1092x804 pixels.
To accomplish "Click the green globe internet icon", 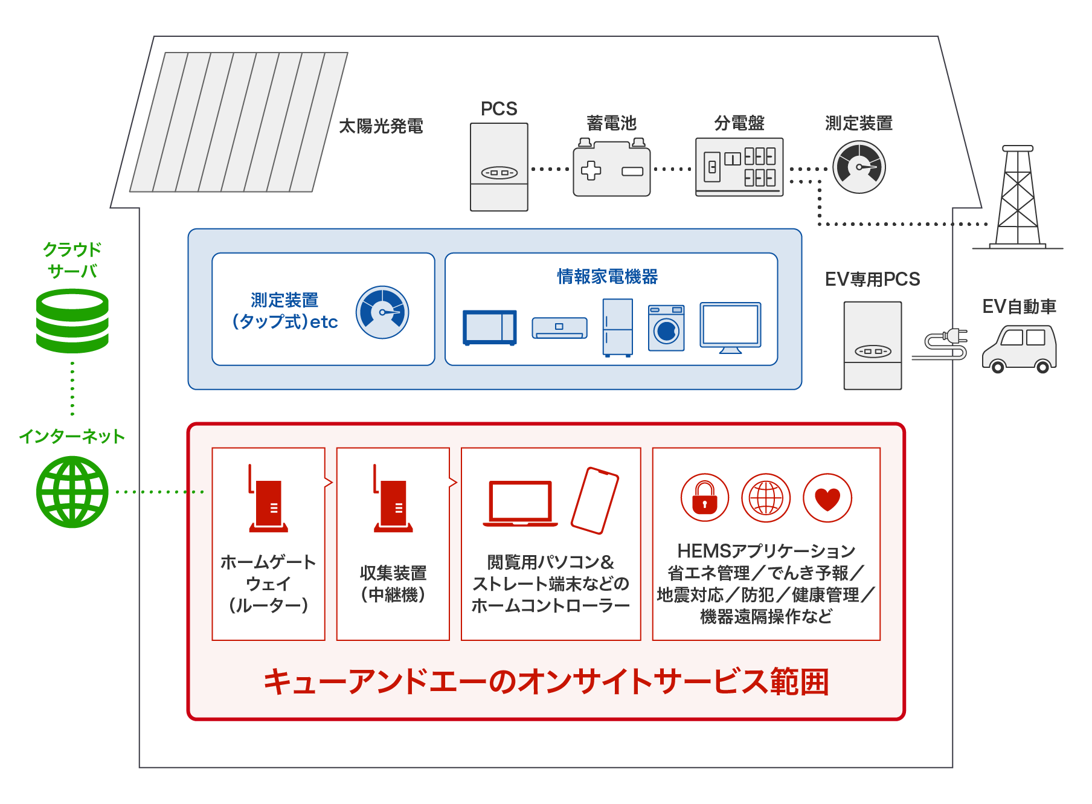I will tap(72, 492).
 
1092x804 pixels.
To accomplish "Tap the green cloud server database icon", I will tap(72, 321).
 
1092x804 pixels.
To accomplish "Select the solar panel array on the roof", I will tap(239, 122).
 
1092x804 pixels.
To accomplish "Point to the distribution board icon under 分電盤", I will tap(739, 167).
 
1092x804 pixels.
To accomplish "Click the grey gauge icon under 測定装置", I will tap(859, 167).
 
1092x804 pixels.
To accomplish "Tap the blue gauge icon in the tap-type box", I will tap(382, 312).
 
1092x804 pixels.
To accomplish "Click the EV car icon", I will tap(1020, 349).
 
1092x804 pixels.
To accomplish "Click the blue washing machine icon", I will tap(666, 328).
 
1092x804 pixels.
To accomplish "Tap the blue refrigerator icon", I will tap(618, 327).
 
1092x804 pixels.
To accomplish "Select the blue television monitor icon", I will tap(730, 327).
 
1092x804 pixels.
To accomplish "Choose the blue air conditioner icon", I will tap(559, 327).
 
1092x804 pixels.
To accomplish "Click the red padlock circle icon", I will tap(705, 498).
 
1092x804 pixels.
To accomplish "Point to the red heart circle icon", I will tap(827, 498).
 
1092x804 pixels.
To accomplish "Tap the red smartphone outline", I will tap(595, 500).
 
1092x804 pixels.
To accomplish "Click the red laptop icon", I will tap(520, 503).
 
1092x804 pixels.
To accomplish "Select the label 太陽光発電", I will tap(381, 126).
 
